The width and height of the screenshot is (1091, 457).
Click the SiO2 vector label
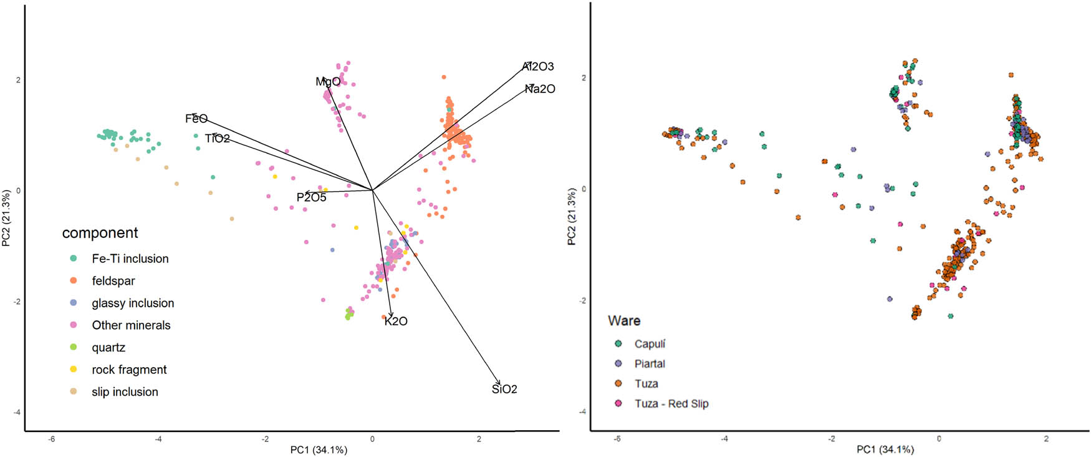pyautogui.click(x=504, y=390)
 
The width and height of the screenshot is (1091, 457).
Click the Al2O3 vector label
pyautogui.click(x=538, y=66)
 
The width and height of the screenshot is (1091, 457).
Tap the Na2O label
pyautogui.click(x=539, y=89)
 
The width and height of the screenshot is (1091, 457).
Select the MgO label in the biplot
pyautogui.click(x=328, y=82)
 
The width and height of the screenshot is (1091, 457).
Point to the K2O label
pyautogui.click(x=396, y=322)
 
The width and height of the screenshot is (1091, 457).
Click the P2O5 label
pyautogui.click(x=311, y=198)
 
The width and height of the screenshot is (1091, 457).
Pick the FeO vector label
pyautogui.click(x=196, y=119)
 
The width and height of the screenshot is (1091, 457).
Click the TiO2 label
pyautogui.click(x=217, y=139)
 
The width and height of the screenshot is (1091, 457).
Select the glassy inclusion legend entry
pyautogui.click(x=133, y=303)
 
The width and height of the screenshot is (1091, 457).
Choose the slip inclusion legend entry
pyautogui.click(x=125, y=392)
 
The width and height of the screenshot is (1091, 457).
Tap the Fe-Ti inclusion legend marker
pyautogui.click(x=74, y=258)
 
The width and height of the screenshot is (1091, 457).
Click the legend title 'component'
pyautogui.click(x=100, y=233)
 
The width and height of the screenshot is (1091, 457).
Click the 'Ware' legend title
pyautogui.click(x=624, y=321)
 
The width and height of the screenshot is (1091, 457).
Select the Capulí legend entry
pyautogui.click(x=650, y=344)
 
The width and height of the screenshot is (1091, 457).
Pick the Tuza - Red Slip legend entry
pyautogui.click(x=671, y=404)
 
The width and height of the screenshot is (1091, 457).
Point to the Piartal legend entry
pyautogui.click(x=650, y=364)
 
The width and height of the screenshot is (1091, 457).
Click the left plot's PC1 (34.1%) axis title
pyautogui.click(x=319, y=450)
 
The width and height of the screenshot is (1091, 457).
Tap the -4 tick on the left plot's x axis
pyautogui.click(x=158, y=440)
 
